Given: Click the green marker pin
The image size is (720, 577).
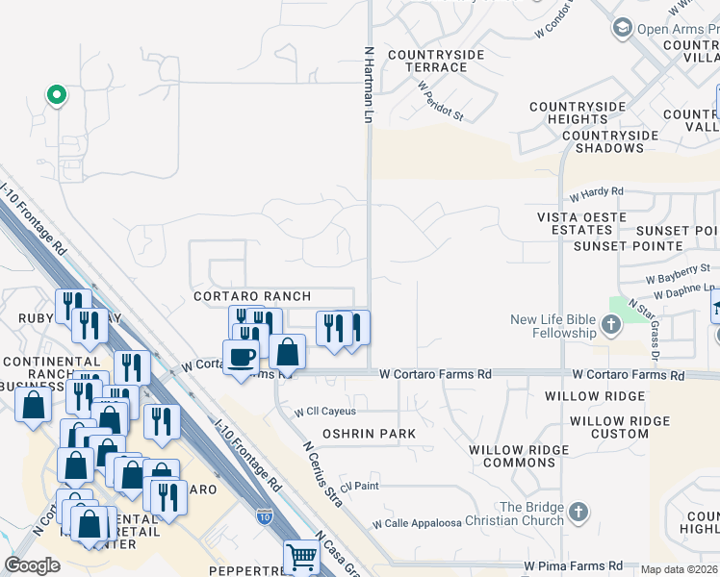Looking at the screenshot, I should coord(56,95).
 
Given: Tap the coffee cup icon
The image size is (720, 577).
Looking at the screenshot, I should coord(241,356).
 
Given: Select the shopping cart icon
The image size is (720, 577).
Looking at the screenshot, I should coord(300,556).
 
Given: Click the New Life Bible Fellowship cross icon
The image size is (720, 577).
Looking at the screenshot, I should coord(610,326).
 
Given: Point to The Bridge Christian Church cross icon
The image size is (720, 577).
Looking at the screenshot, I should coord(578,514).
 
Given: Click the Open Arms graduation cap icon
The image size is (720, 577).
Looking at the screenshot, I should coord(622,29).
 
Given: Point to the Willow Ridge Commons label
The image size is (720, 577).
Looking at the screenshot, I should coord(512,456).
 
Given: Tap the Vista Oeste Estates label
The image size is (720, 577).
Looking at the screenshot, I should coord(582,224).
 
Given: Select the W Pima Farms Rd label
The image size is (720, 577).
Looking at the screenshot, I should coord(573,566).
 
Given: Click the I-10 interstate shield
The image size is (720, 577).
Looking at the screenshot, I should coord(265,517).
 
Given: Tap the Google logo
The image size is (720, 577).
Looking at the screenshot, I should coord(33,564).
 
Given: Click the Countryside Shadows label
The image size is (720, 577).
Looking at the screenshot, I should coord(604,141).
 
